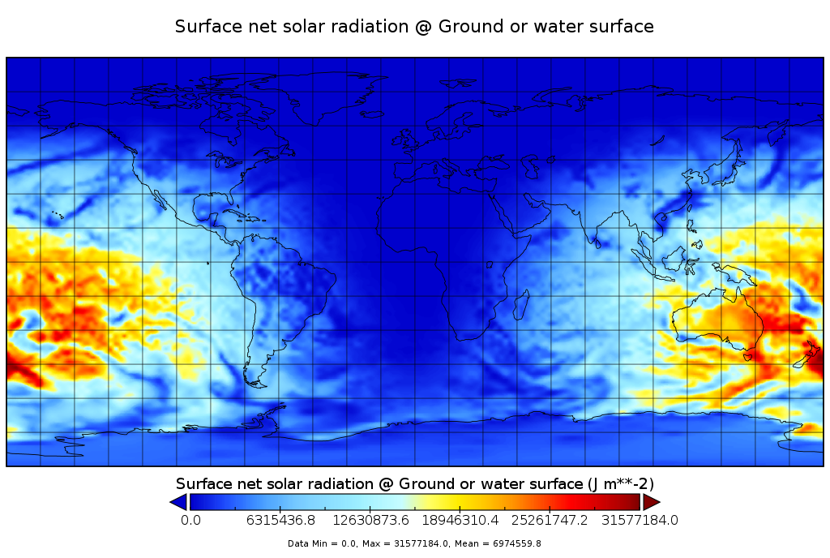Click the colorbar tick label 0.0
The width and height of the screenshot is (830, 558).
click(190, 520)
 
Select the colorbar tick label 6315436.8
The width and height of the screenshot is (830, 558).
click(281, 520)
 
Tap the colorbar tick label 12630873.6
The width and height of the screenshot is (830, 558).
click(372, 520)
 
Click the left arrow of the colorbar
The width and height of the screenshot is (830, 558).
click(178, 503)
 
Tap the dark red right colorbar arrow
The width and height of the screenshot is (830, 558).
click(651, 503)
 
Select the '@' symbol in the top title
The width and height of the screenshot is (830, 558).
click(423, 27)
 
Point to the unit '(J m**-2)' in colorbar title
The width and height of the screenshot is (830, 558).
click(620, 484)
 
